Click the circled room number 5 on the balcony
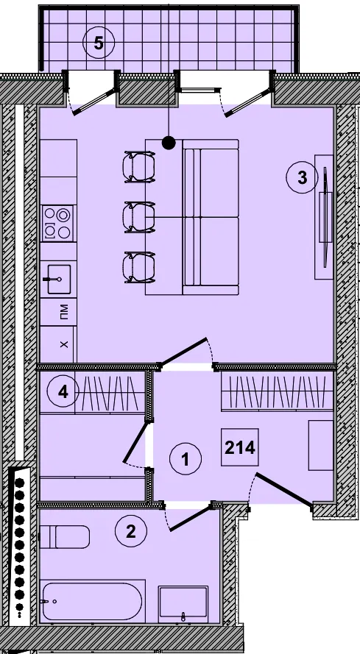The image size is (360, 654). [x=99, y=43]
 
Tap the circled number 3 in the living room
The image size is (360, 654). [x=302, y=178]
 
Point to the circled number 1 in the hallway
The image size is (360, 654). [x=186, y=459]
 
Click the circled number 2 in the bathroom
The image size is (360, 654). [x=131, y=531]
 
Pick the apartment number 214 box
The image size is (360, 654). [x=240, y=447]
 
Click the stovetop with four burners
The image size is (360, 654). [x=57, y=223]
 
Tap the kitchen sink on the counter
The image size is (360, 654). [x=59, y=279]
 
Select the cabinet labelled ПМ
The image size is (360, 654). [x=58, y=312]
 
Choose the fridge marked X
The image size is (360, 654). [x=57, y=344]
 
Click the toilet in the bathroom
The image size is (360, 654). [x=65, y=537]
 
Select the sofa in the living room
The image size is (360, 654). [x=211, y=217]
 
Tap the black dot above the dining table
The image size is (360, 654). [x=169, y=143]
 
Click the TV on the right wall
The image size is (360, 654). [x=325, y=217]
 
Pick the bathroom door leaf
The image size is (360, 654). [x=190, y=519]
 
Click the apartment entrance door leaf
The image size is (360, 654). [x=284, y=491]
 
